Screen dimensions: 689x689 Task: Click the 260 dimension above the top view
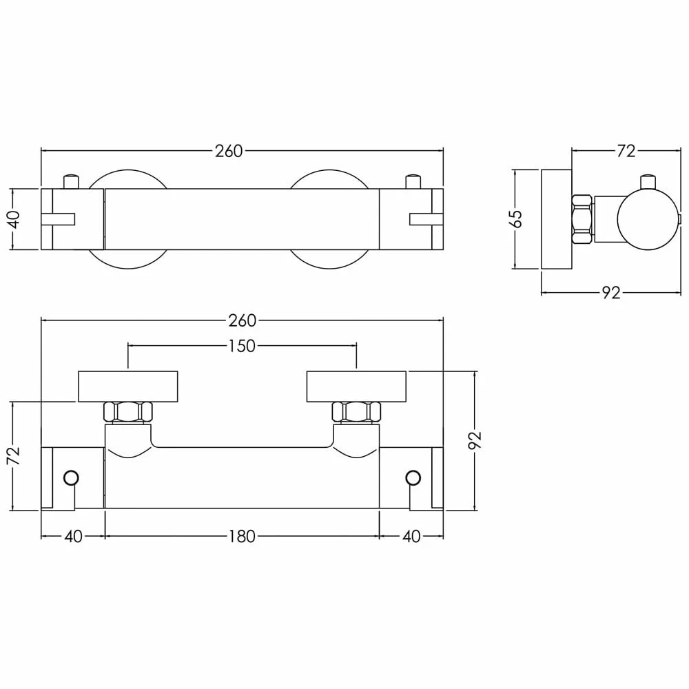point(229,151)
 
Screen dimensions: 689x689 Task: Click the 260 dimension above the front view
point(242,320)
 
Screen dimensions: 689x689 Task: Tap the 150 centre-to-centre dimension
point(242,346)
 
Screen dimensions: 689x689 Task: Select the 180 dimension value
point(242,536)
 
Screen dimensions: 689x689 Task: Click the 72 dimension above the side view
point(626,151)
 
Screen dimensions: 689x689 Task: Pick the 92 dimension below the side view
point(611,292)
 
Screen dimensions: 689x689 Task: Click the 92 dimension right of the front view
point(475,440)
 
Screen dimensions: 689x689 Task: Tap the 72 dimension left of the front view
point(14,455)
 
